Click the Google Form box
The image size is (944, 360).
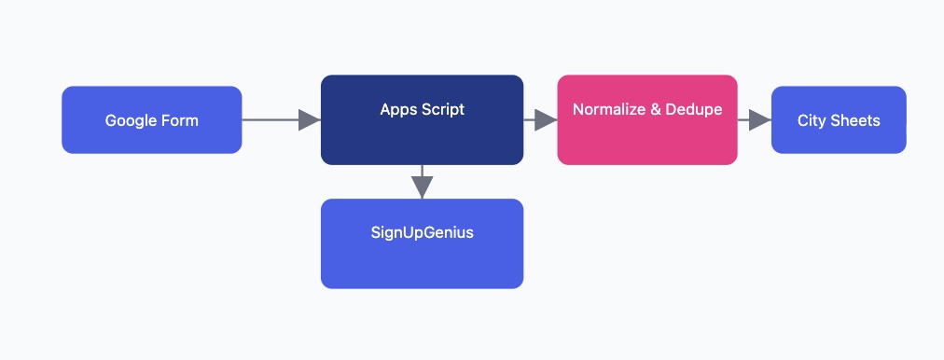coord(151,119)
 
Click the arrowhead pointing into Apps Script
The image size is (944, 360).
coord(310,119)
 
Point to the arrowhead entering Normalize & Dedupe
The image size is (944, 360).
coord(547,119)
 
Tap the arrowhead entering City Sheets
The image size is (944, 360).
coord(760,119)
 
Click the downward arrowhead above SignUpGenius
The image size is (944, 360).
coord(422,187)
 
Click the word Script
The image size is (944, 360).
coord(442,109)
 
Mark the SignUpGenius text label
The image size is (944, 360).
coord(422,232)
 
